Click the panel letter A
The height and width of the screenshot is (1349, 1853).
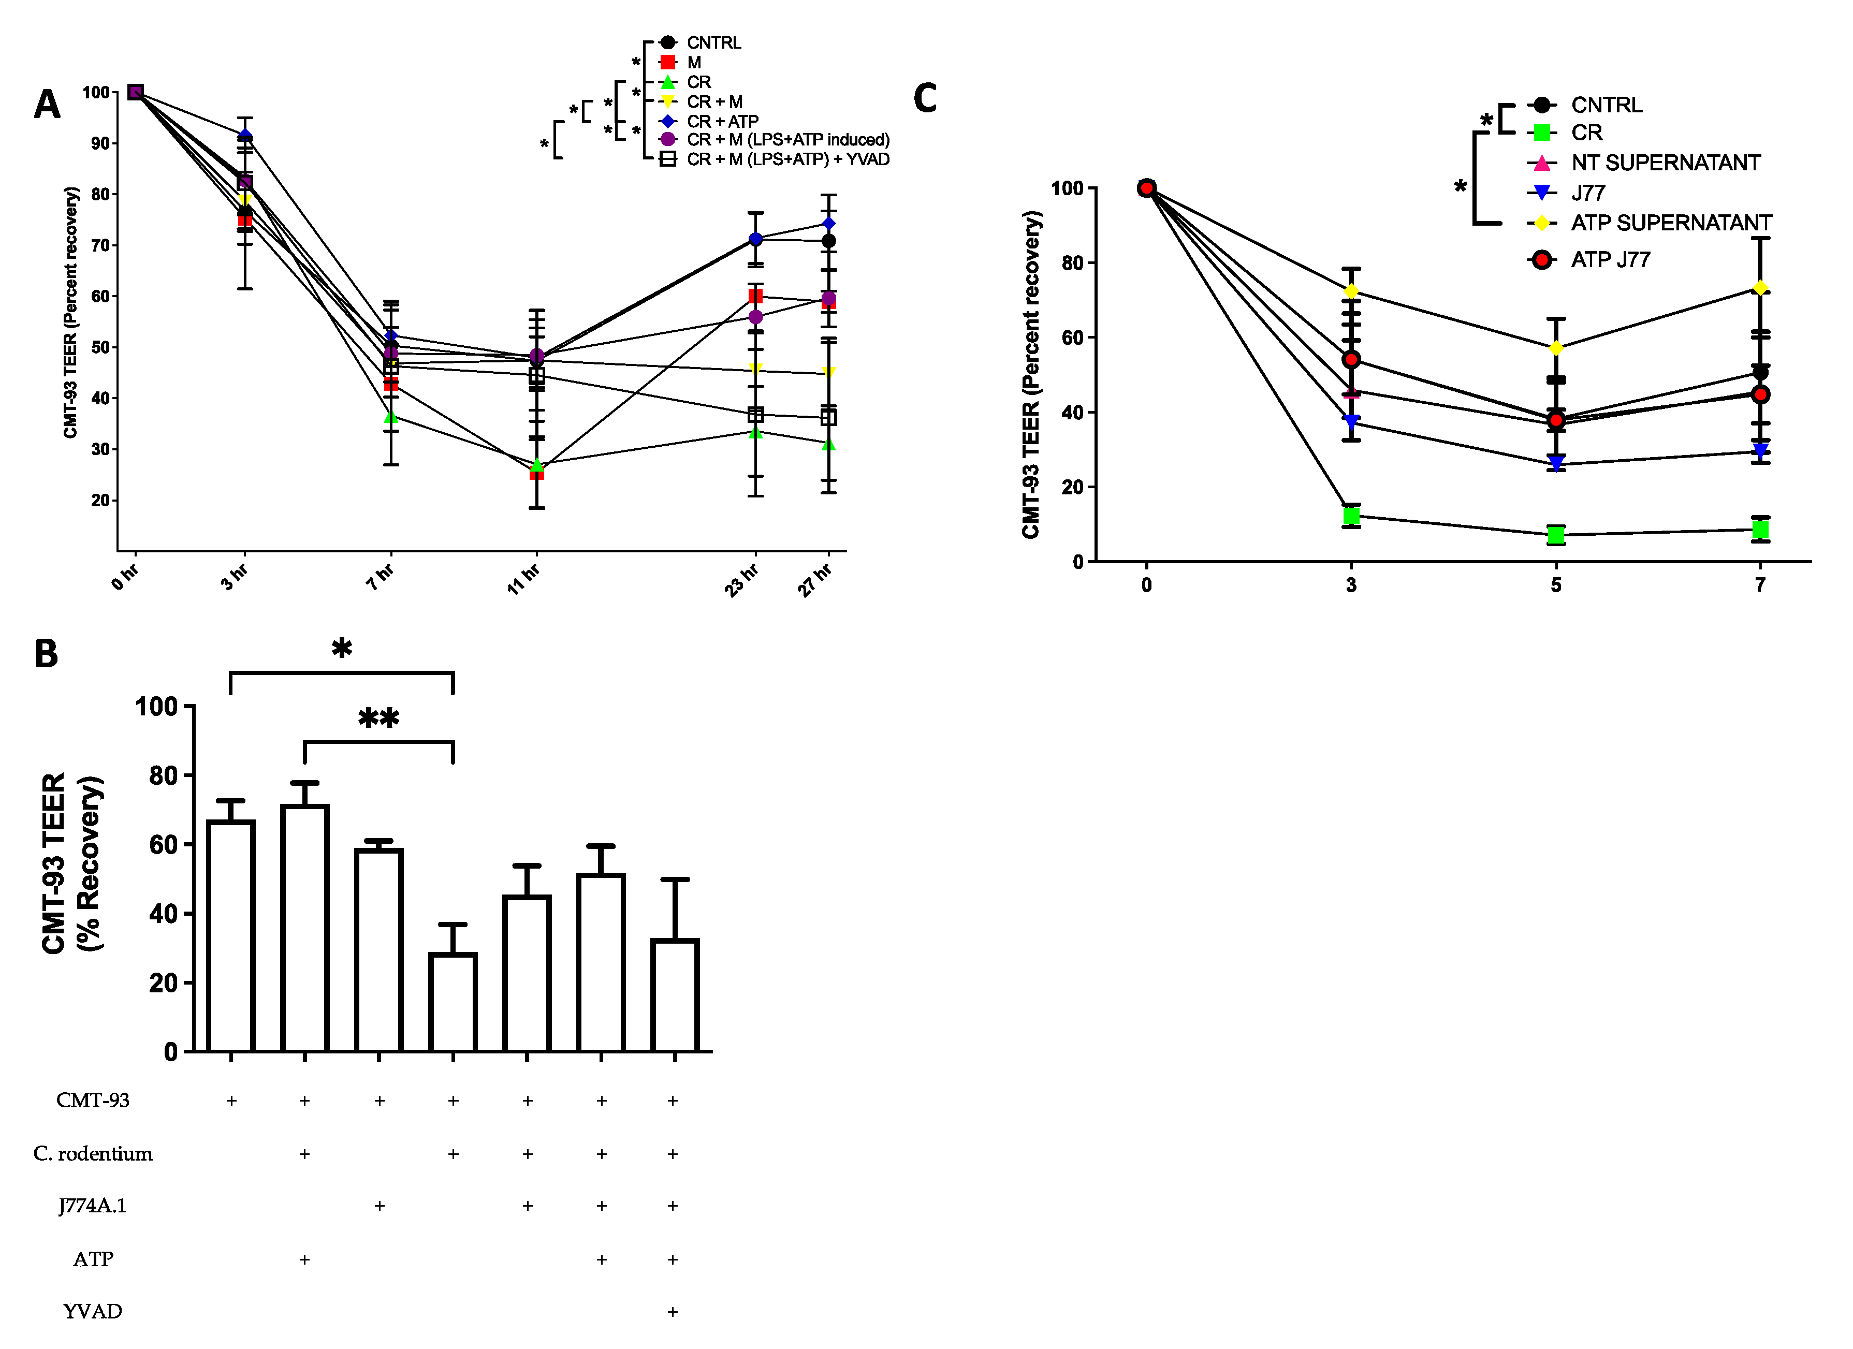click(47, 105)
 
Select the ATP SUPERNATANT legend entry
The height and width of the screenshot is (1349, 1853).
click(1670, 223)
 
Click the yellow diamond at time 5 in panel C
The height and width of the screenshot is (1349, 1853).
click(1556, 348)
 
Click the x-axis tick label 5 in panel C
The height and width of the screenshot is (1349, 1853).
click(1556, 585)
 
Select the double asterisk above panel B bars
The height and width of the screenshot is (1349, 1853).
click(378, 719)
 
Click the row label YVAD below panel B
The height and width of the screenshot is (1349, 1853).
click(92, 1311)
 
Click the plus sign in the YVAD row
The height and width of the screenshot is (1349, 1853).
click(673, 1311)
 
